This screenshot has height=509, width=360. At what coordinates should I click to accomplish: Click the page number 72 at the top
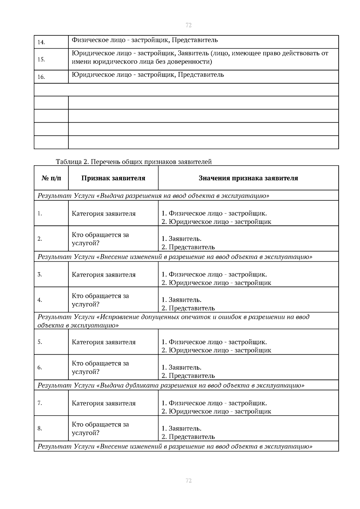tap(189, 25)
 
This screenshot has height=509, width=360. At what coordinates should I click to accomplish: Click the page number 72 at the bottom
tap(189, 481)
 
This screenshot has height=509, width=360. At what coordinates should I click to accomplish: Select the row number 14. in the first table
tap(41, 42)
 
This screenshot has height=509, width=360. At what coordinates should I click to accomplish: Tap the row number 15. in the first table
tap(41, 59)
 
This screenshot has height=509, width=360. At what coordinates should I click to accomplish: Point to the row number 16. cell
tap(41, 77)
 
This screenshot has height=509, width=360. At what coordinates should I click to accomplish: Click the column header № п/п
tap(51, 178)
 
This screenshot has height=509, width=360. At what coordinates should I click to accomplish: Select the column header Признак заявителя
tap(113, 178)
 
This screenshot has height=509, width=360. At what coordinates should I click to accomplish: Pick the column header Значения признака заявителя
tap(248, 178)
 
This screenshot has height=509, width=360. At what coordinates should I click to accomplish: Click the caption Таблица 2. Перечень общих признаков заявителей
tap(134, 162)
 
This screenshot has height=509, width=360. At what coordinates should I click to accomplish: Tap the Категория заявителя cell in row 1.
tap(103, 214)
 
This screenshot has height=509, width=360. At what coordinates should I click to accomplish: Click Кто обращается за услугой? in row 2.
tap(100, 239)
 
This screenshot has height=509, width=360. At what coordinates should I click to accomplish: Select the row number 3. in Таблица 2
tap(40, 275)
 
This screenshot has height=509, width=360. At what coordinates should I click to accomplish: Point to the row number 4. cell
tap(40, 300)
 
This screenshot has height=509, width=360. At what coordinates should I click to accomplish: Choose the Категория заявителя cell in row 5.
tap(103, 342)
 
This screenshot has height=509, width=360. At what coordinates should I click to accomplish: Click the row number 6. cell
tap(40, 367)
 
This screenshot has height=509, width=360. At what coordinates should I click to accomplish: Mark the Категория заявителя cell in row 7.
tap(103, 403)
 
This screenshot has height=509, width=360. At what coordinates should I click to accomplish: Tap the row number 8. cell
tap(40, 428)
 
